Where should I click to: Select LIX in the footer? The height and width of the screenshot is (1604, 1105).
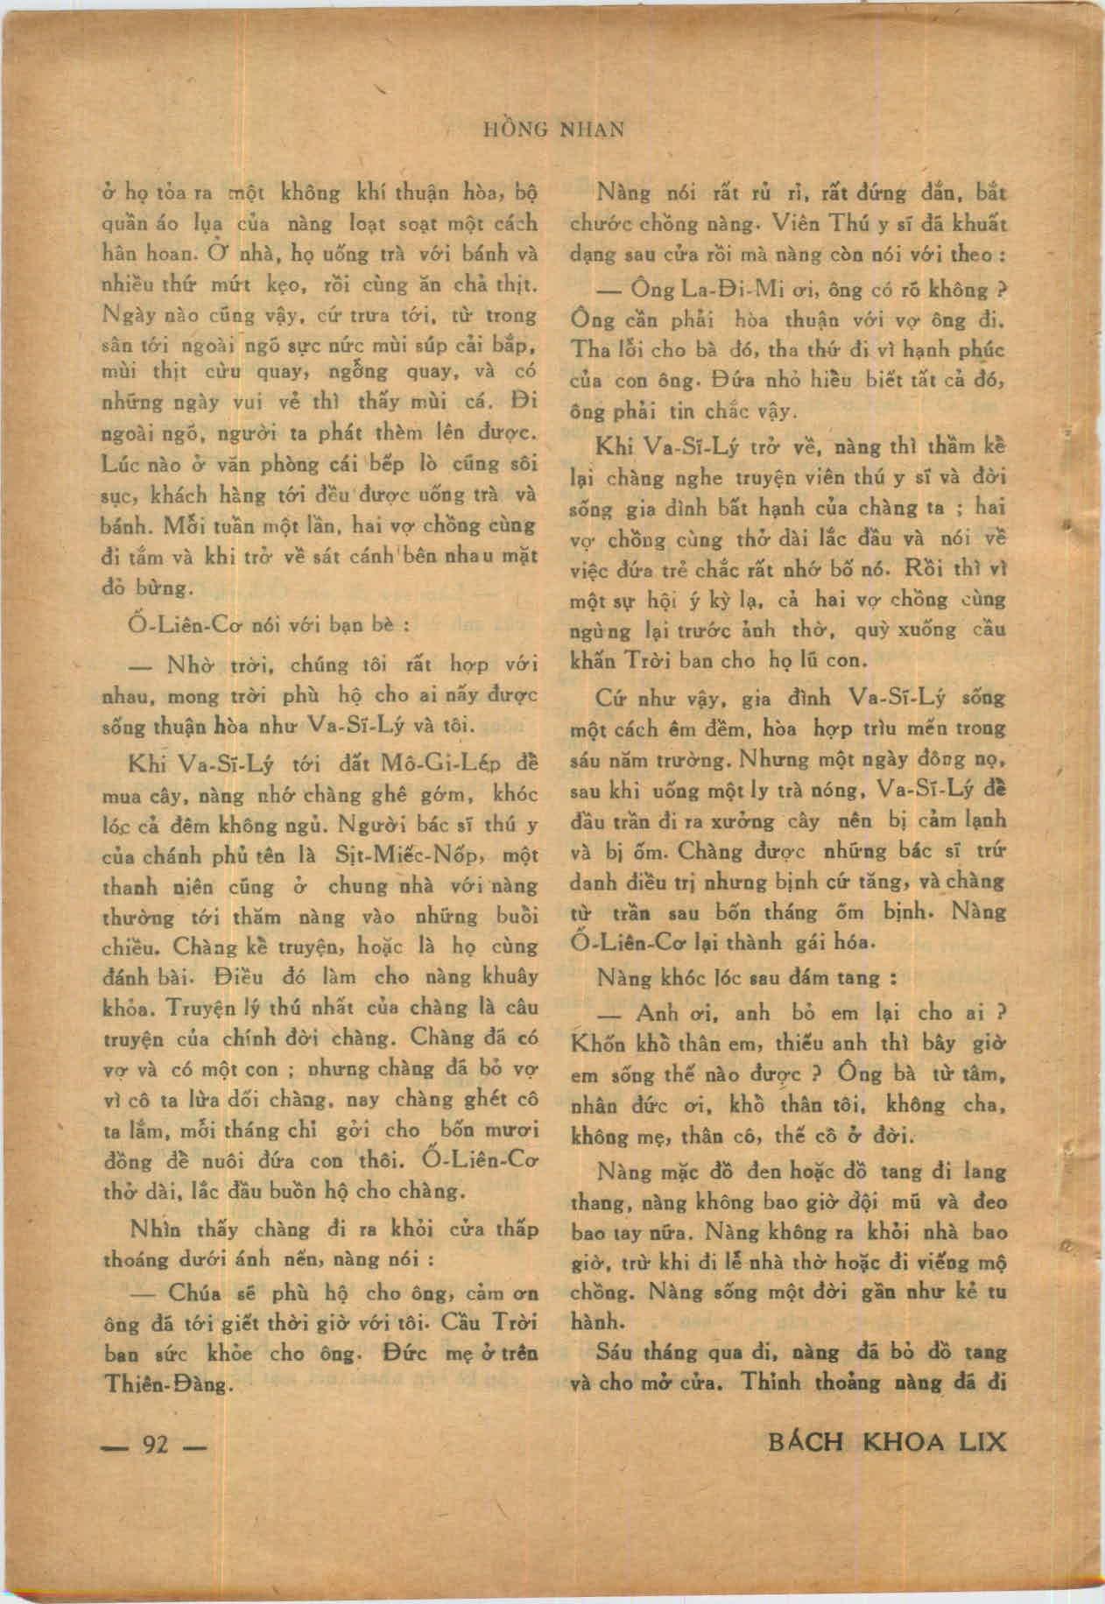pos(982,1441)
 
